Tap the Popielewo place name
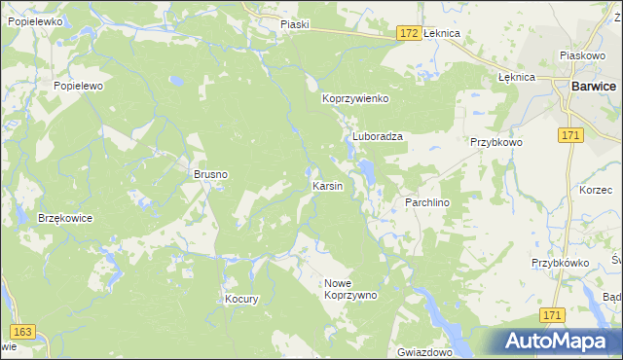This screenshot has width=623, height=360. [78, 86]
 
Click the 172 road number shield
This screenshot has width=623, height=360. [409, 33]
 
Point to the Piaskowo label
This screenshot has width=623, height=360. [583, 56]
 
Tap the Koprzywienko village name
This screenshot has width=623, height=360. [356, 99]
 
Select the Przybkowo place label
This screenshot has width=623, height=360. [497, 142]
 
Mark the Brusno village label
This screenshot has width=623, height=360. [210, 175]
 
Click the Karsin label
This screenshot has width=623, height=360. [327, 186]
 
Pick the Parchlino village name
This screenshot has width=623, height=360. [425, 201]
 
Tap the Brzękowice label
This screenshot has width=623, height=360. [65, 218]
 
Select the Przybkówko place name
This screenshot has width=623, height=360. [563, 263]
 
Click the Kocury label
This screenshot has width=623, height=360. [241, 300]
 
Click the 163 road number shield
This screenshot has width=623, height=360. [24, 333]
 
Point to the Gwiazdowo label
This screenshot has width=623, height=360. [425, 350]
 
